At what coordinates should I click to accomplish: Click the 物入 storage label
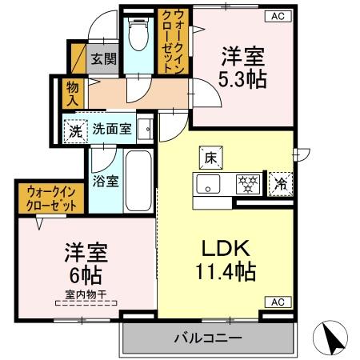71,94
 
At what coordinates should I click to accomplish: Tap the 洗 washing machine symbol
75,130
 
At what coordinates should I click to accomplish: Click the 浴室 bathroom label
106,180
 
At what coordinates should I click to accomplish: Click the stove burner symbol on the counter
247,184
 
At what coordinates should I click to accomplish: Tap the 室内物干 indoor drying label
86,302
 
